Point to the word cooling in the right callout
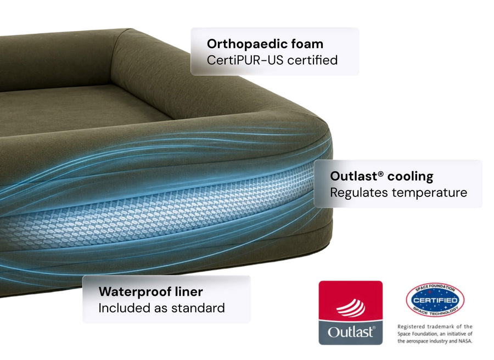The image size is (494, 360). (410, 177)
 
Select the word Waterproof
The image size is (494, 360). (136, 292)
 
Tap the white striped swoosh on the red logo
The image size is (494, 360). (351, 308)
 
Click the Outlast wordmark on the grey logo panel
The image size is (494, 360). (351, 332)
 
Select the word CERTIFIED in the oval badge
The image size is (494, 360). (435, 300)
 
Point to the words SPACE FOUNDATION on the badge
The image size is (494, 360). (435, 288)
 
